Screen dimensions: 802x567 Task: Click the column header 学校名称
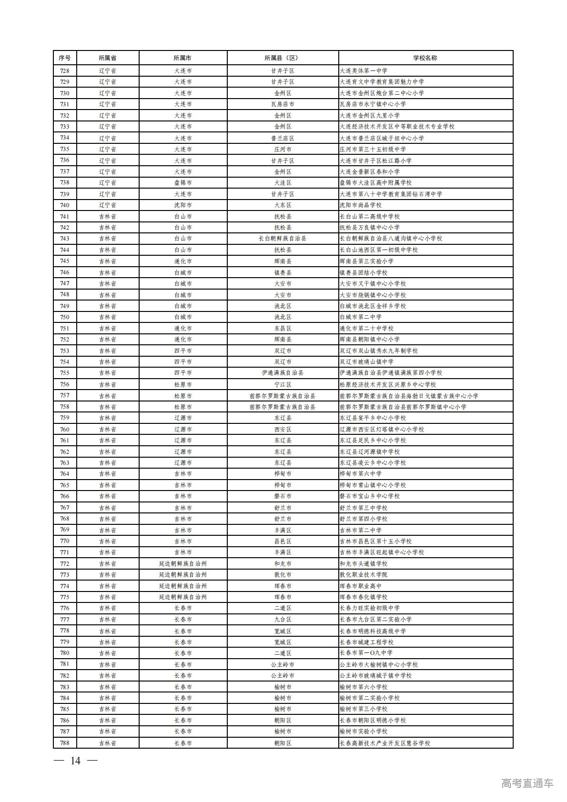425,58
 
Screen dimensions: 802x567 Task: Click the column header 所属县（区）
283,58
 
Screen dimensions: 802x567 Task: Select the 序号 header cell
65,58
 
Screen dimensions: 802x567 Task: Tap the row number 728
65,71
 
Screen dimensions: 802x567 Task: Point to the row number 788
65,743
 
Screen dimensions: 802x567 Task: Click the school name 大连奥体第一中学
364,71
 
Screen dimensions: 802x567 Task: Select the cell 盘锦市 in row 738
183,183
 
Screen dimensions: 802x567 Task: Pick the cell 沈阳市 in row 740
183,205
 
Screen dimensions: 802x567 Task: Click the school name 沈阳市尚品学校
361,205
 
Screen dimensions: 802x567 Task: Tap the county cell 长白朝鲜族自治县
283,239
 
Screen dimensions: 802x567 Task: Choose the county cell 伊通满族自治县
283,373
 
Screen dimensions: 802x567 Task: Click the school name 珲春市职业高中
361,586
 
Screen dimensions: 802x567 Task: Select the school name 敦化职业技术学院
364,575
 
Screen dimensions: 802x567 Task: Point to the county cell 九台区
283,620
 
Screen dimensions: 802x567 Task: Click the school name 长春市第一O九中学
366,653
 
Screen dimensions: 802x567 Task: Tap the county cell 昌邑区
283,541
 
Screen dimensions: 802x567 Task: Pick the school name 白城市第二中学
361,317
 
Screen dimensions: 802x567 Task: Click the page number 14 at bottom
75,761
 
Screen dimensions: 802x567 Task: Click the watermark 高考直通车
527,783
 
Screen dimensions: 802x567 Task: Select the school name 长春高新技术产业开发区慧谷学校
385,743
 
